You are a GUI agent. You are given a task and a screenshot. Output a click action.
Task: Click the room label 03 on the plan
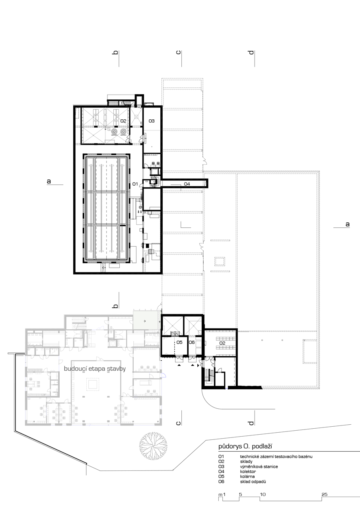pos(152,121)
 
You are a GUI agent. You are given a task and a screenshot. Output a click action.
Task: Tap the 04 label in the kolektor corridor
pos(187,184)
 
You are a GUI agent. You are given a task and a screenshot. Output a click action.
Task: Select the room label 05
pos(179,342)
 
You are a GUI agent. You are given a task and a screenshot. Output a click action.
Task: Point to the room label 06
pos(192,342)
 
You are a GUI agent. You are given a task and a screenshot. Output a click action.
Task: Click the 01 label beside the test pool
pos(135,184)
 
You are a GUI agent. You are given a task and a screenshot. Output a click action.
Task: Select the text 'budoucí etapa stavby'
pos(95,368)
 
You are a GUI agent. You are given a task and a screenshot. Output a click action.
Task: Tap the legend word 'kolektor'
pos(248,472)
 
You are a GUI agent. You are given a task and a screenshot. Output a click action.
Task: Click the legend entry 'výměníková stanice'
pos(259,466)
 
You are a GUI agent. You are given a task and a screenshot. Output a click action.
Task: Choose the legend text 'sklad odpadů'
pos(253,482)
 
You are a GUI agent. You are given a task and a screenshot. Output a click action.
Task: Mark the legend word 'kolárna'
pos(247,476)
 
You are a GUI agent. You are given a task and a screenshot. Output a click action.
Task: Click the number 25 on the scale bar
pos(325,494)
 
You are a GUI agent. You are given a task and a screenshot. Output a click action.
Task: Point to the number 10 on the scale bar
pos(263,494)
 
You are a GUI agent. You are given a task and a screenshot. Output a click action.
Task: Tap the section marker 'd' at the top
pos(251,52)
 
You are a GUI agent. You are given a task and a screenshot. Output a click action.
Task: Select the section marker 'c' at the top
pos(179,52)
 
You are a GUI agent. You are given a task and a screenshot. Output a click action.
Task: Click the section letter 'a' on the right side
pos(347,224)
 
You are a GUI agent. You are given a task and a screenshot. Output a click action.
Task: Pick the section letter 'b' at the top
pos(115,52)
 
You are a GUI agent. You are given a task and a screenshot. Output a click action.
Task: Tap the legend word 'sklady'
pos(246,462)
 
